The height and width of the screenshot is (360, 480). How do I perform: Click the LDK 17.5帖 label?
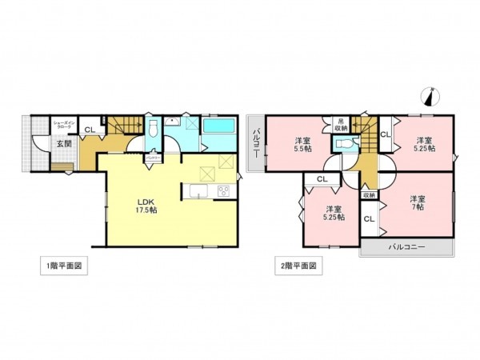point(147,204)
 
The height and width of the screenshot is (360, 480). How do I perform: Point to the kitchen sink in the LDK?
point(198,191)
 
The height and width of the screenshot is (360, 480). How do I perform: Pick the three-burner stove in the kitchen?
point(223,190)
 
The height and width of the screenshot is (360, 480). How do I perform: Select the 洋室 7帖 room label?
point(418,202)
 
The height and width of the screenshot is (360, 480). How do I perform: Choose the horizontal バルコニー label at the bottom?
point(407,248)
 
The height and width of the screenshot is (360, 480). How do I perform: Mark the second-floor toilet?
point(346,145)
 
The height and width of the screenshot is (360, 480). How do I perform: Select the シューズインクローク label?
point(64,125)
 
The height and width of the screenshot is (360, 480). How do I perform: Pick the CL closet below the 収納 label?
point(369,218)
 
